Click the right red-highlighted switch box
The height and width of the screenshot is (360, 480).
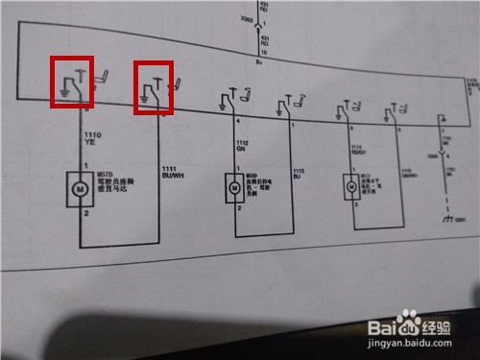[x=153, y=89]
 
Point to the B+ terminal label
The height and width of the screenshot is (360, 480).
[x=259, y=60]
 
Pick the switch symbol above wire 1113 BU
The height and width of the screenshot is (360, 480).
[x=285, y=104]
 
